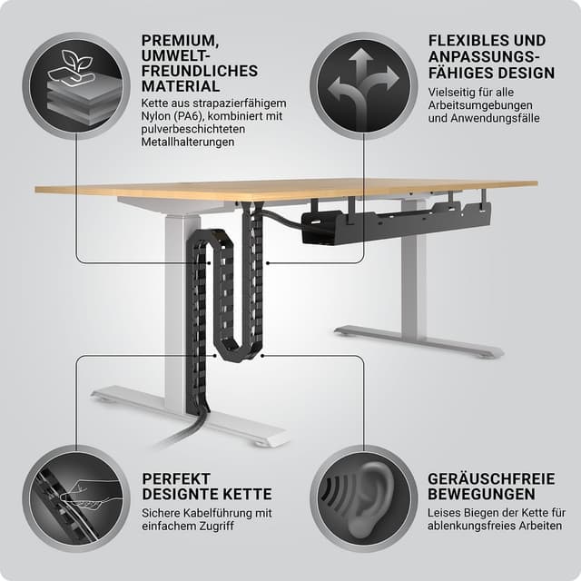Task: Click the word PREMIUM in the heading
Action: (180, 41)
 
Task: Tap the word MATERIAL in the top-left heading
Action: (181, 86)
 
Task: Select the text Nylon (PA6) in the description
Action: (172, 116)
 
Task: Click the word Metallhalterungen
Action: (188, 142)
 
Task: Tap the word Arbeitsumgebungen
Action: (480, 105)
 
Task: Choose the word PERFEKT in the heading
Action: (176, 478)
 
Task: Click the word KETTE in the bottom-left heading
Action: (247, 494)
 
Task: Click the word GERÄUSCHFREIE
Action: (491, 478)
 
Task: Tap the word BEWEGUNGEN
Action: (481, 494)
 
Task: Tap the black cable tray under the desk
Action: (396, 223)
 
